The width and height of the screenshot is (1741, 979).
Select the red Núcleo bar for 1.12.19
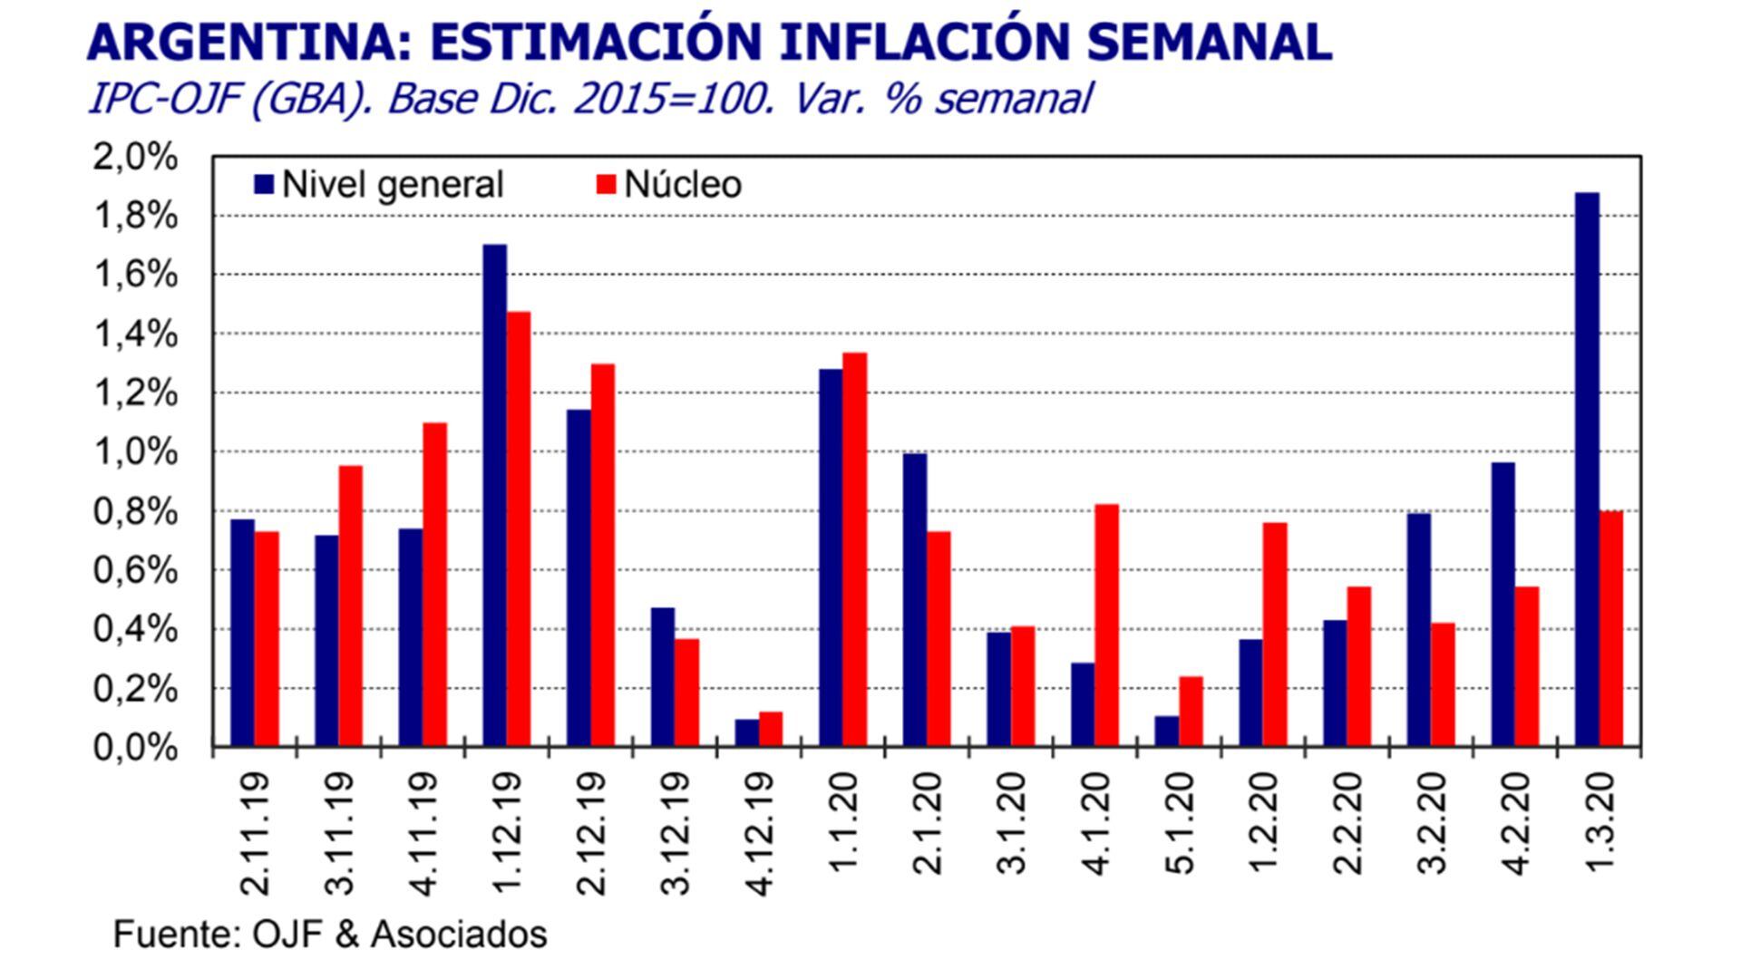(519, 530)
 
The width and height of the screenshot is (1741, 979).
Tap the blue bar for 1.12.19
(495, 496)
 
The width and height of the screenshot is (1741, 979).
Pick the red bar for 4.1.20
(1106, 625)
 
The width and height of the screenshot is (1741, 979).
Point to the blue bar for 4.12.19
(746, 733)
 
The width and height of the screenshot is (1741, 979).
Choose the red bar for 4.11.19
(434, 585)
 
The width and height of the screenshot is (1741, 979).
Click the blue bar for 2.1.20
(915, 600)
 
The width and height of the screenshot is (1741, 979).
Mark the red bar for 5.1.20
(1191, 712)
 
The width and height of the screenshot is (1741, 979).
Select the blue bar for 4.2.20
(1503, 605)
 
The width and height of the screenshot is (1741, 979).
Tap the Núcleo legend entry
(671, 185)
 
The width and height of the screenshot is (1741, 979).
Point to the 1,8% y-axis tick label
(134, 216)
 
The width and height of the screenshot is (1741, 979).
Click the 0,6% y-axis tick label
(134, 570)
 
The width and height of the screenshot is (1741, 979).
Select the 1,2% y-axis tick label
(134, 393)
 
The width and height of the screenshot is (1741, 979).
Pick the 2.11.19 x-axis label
(256, 832)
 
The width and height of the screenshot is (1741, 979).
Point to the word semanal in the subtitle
(1014, 98)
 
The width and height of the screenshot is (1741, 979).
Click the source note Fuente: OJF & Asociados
(330, 934)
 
